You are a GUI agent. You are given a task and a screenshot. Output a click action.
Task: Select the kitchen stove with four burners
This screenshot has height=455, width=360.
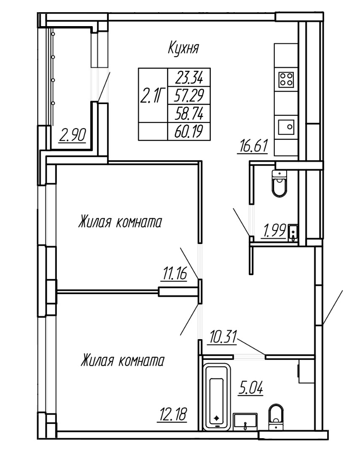pyautogui.click(x=287, y=79)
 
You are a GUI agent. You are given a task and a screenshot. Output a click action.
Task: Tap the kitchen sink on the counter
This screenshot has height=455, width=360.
pyautogui.click(x=287, y=126)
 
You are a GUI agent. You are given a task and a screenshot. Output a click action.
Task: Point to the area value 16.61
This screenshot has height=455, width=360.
pyautogui.click(x=252, y=147)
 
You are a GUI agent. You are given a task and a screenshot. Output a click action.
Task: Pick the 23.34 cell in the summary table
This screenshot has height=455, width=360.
pyautogui.click(x=189, y=77)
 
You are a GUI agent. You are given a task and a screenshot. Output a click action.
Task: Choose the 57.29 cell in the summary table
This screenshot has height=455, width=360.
pyautogui.click(x=189, y=96)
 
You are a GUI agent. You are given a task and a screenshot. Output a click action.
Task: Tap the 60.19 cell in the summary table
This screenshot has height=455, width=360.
pyautogui.click(x=189, y=132)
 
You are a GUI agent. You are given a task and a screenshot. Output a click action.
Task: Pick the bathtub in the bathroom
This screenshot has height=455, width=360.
pyautogui.click(x=217, y=397)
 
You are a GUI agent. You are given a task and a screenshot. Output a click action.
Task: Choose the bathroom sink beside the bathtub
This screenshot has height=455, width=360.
pyautogui.click(x=245, y=420)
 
